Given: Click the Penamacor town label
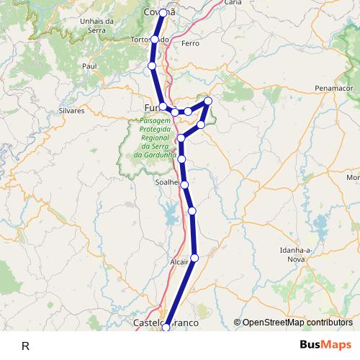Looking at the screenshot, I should [x=333, y=87].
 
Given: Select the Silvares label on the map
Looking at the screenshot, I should [x=71, y=111].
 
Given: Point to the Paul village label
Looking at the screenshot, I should [x=89, y=66].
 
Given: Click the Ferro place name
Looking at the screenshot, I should [x=191, y=44].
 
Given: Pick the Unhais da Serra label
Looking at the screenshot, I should [x=98, y=26].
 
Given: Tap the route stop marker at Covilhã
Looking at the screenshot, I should [x=163, y=13].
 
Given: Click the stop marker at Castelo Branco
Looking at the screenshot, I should [x=166, y=328].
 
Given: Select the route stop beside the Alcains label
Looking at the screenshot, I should [x=194, y=258].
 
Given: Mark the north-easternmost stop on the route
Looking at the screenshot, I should [x=208, y=101].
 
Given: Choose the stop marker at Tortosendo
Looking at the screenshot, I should [x=155, y=39].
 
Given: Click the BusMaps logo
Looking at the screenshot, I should [x=326, y=345].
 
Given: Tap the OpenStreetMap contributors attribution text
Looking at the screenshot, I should [x=293, y=323].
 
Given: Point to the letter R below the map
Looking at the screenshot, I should [x=25, y=346].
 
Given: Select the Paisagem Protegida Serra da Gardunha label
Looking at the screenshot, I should [x=155, y=137].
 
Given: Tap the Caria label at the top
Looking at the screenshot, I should [x=233, y=3].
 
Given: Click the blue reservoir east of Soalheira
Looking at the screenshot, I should [x=171, y=212].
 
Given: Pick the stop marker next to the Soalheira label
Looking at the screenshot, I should [x=185, y=185].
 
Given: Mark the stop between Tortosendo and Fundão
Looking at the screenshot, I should [x=152, y=66].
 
